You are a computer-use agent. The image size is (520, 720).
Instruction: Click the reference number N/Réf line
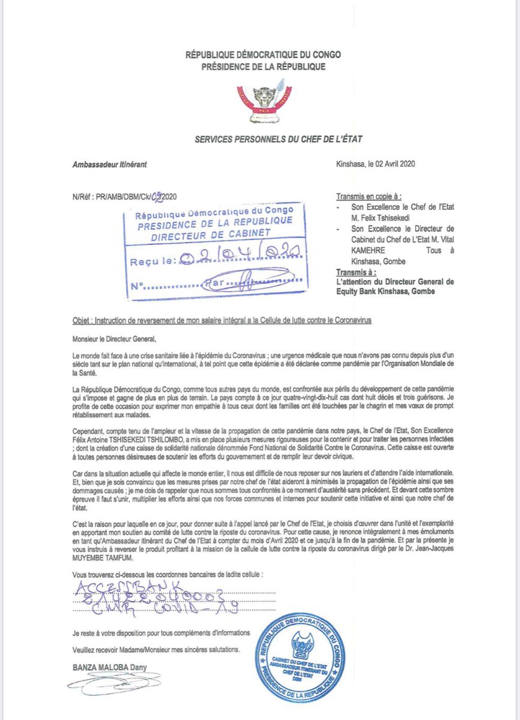point(124,196)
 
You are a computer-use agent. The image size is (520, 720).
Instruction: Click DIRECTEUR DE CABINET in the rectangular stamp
point(216,236)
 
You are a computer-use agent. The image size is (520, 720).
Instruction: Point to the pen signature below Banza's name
point(111,682)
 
